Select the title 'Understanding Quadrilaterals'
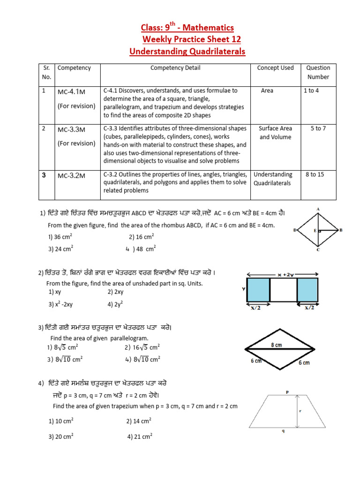point(187,51)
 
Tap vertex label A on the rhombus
point(318,209)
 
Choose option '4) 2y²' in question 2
point(115,304)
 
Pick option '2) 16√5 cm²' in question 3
point(142,347)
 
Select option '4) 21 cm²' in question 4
point(140,436)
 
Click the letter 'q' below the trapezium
point(283,432)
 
